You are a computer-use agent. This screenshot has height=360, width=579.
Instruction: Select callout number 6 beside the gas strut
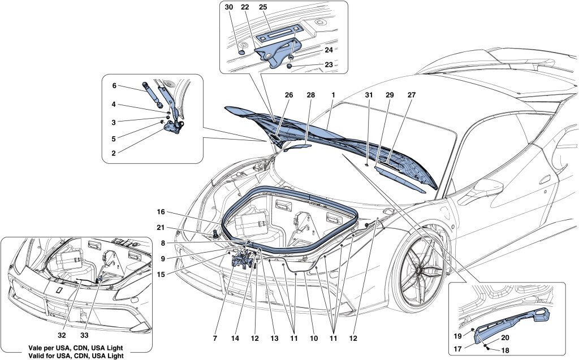click(x=114, y=86)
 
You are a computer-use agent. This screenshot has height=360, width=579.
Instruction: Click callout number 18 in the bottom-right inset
click(x=504, y=350)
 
